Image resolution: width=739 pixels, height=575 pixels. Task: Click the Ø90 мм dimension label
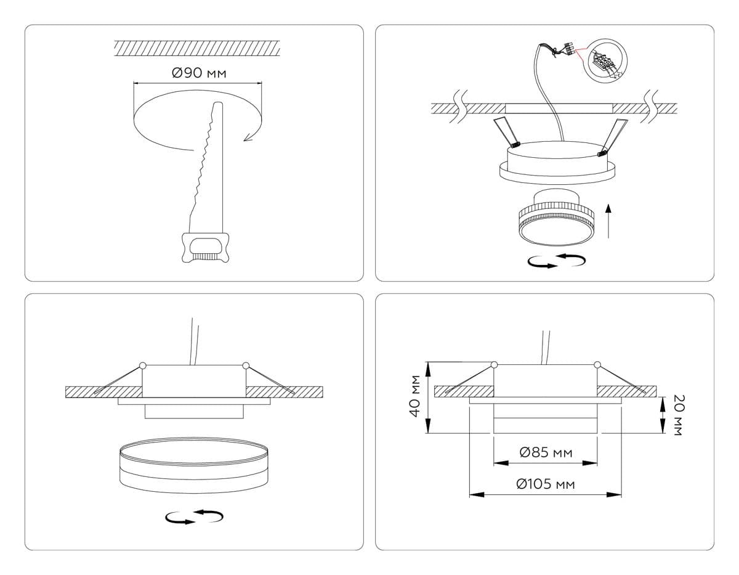(199, 73)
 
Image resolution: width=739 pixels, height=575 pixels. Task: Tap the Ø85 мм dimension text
(546, 452)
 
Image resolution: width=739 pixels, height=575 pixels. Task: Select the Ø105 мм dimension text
(546, 484)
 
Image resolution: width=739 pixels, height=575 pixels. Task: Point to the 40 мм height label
(415, 396)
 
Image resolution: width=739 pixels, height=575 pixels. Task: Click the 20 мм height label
(678, 415)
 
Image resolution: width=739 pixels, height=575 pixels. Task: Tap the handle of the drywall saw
(205, 248)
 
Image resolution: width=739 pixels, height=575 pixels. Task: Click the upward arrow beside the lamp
(608, 221)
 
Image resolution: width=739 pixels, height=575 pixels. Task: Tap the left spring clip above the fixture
(506, 133)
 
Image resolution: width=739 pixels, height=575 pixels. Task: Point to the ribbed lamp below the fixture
(556, 217)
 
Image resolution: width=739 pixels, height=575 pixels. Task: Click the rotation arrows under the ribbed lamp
(557, 261)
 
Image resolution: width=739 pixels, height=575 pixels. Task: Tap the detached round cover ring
(194, 465)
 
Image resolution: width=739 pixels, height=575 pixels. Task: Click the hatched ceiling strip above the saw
(196, 48)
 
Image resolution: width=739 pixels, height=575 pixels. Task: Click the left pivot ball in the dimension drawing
(494, 365)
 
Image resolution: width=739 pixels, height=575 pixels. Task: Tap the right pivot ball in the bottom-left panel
(246, 365)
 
